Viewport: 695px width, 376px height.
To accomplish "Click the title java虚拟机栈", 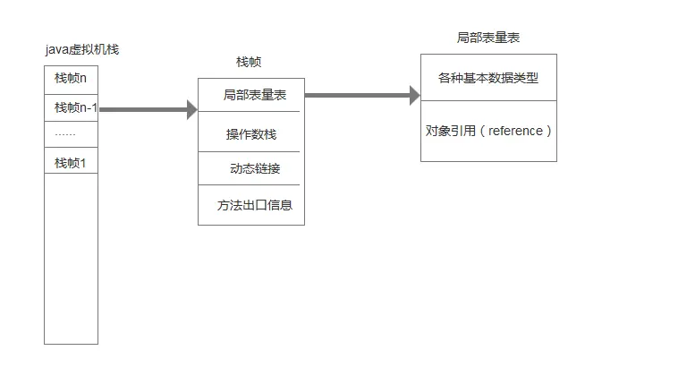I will click(x=81, y=49).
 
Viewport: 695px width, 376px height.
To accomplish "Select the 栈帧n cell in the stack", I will click(x=71, y=79).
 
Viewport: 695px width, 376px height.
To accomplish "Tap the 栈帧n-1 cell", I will click(x=71, y=108).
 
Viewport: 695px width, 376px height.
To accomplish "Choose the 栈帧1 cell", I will click(x=71, y=163).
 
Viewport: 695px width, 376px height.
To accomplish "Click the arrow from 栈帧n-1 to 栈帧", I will click(x=143, y=109).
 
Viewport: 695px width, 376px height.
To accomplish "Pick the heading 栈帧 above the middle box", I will click(x=250, y=63).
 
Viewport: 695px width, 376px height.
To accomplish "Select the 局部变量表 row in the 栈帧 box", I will click(x=250, y=95).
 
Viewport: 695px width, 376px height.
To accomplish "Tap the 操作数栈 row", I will click(x=250, y=134).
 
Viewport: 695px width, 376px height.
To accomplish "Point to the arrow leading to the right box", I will click(x=358, y=94).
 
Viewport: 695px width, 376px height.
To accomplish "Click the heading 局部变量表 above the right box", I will click(x=488, y=38).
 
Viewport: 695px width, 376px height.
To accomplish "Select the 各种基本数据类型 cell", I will click(x=488, y=78).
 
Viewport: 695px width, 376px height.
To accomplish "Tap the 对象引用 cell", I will click(x=488, y=131).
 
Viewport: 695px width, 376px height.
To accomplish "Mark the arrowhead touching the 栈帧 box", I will click(x=191, y=109).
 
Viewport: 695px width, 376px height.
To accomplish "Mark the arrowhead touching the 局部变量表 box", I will click(x=415, y=94).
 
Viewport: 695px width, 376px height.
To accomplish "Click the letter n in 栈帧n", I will click(x=83, y=79).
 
